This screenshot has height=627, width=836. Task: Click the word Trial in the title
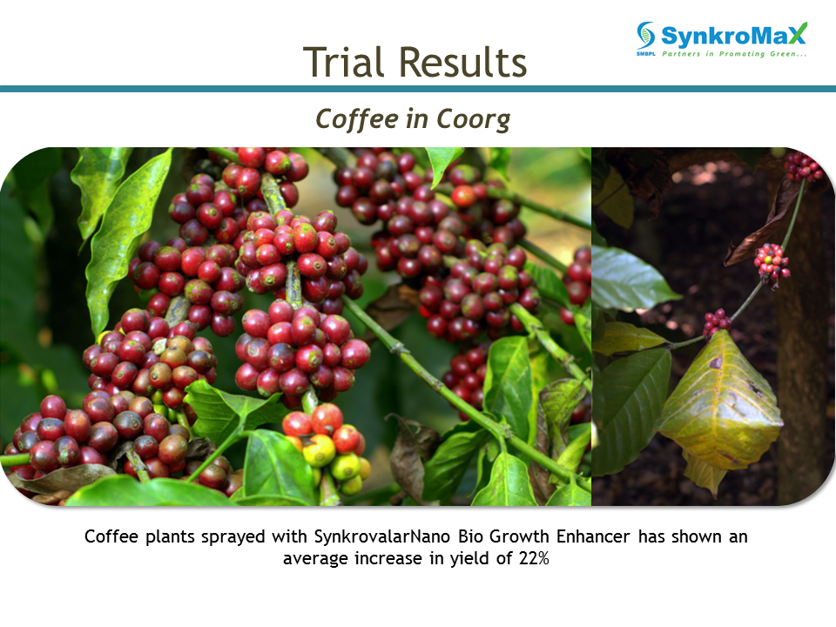coord(343,62)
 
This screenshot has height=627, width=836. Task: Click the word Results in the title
coord(462,62)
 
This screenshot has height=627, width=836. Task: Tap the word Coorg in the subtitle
coord(474,119)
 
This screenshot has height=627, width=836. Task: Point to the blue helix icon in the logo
coord(645,35)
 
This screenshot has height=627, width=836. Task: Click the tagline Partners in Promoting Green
coord(734,54)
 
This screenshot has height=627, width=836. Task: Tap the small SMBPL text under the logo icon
coord(645,54)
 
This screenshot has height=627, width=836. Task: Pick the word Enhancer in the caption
coord(593,536)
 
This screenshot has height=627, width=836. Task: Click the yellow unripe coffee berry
coord(319,450)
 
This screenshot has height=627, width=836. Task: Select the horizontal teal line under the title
coord(418,89)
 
